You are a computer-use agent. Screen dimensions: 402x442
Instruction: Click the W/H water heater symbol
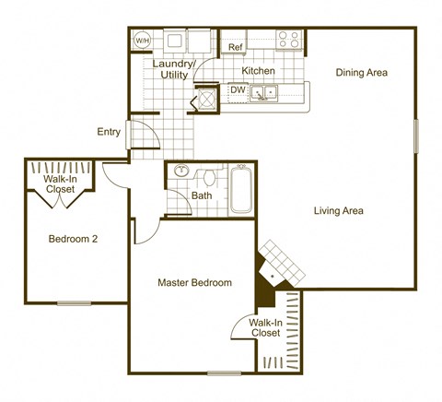pyautogui.click(x=142, y=41)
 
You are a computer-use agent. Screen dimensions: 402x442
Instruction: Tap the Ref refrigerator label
pyautogui.click(x=235, y=47)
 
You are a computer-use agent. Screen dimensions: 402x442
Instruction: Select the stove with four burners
pyautogui.click(x=289, y=40)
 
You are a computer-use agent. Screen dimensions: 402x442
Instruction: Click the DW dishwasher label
pyautogui.click(x=238, y=90)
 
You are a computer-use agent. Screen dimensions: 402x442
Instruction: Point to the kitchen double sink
pyautogui.click(x=267, y=91)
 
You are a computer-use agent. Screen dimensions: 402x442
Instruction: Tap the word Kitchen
pyautogui.click(x=258, y=71)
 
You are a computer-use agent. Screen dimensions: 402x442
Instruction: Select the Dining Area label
pyautogui.click(x=361, y=72)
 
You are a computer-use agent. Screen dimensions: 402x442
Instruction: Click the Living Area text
pyautogui.click(x=338, y=211)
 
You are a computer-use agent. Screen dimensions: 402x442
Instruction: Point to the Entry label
pyautogui.click(x=109, y=132)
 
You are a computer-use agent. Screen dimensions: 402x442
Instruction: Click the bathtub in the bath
pyautogui.click(x=242, y=189)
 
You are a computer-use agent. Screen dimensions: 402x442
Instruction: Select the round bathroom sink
pyautogui.click(x=180, y=171)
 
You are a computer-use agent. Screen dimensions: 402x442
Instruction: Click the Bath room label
pyautogui.click(x=202, y=195)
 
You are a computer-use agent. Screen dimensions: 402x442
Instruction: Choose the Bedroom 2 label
pyautogui.click(x=73, y=239)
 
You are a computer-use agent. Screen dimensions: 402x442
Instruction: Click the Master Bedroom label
pyautogui.click(x=194, y=282)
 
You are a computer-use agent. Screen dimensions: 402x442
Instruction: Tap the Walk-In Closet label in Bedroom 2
pyautogui.click(x=60, y=184)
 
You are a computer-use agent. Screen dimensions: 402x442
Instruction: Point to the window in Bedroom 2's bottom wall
pyautogui.click(x=74, y=302)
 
